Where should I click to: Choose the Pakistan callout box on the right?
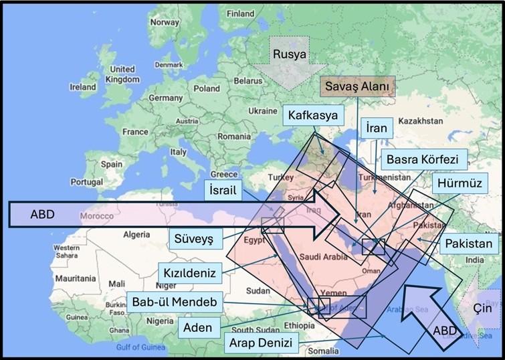click(x=469, y=244)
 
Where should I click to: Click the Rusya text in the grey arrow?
click(x=291, y=53)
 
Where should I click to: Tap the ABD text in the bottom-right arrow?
click(x=445, y=330)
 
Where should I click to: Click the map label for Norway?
click(x=165, y=21)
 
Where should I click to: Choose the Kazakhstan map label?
click(x=419, y=121)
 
